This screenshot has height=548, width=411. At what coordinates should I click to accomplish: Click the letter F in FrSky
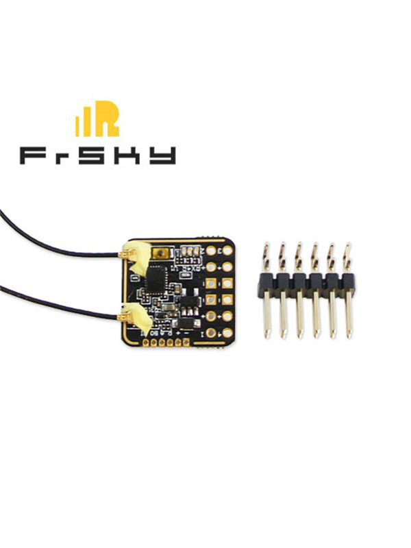click(34, 155)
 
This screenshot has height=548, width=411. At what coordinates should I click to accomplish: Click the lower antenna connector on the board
click(129, 316)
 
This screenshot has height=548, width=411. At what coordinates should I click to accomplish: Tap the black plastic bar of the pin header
click(308, 282)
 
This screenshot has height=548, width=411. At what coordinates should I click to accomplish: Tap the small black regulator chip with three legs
click(188, 300)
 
